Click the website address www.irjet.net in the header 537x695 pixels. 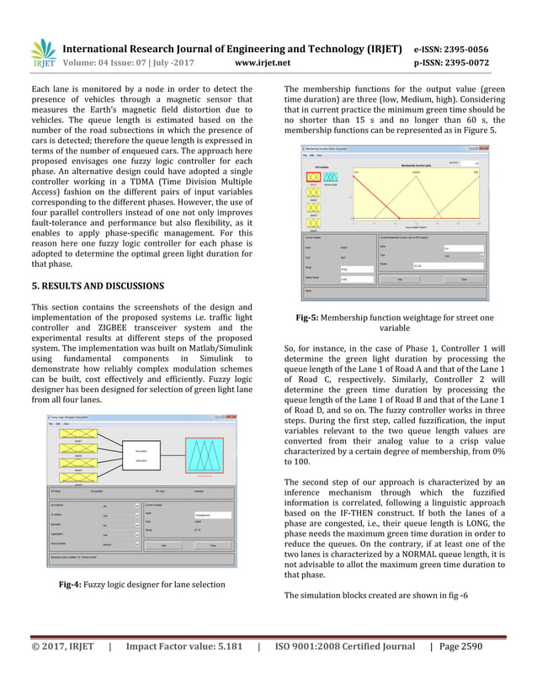tap(263, 61)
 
